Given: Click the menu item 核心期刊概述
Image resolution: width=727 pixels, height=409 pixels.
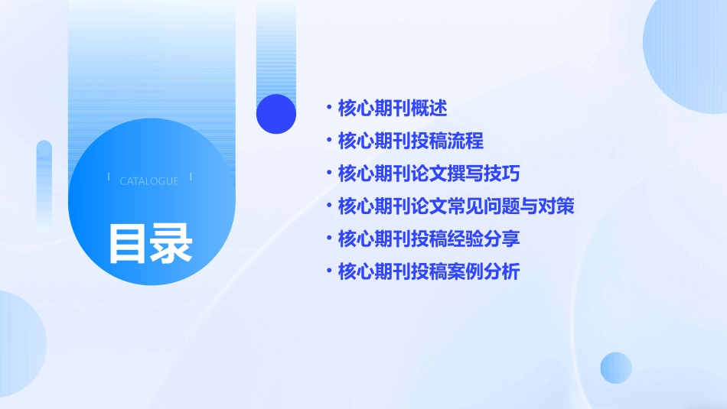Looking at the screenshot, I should [x=393, y=109].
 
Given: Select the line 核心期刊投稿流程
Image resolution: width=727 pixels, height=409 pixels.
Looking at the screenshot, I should [x=411, y=141].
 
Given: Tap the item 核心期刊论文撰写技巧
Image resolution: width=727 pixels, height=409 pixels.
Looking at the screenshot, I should [x=429, y=174].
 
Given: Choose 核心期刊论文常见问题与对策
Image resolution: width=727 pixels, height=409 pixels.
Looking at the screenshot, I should [x=456, y=206].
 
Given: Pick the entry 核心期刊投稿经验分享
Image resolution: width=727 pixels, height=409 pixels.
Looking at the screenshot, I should [x=429, y=239].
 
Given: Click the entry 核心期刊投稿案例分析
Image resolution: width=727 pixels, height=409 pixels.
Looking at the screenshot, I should [x=429, y=271].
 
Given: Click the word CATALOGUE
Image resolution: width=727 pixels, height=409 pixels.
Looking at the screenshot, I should [x=149, y=181].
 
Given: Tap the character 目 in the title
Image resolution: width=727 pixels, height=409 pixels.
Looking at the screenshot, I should [x=128, y=243].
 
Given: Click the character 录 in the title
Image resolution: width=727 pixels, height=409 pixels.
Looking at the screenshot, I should [x=171, y=243].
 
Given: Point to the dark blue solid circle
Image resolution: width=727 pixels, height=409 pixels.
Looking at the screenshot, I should [x=276, y=113].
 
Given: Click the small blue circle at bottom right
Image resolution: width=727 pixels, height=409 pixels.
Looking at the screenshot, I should [x=615, y=368].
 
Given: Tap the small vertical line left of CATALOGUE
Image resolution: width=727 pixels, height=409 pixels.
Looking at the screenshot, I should [x=109, y=177].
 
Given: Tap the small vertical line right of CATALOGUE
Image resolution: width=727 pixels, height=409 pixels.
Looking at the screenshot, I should [x=191, y=177].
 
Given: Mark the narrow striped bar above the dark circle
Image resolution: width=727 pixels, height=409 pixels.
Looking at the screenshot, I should [x=276, y=46].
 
